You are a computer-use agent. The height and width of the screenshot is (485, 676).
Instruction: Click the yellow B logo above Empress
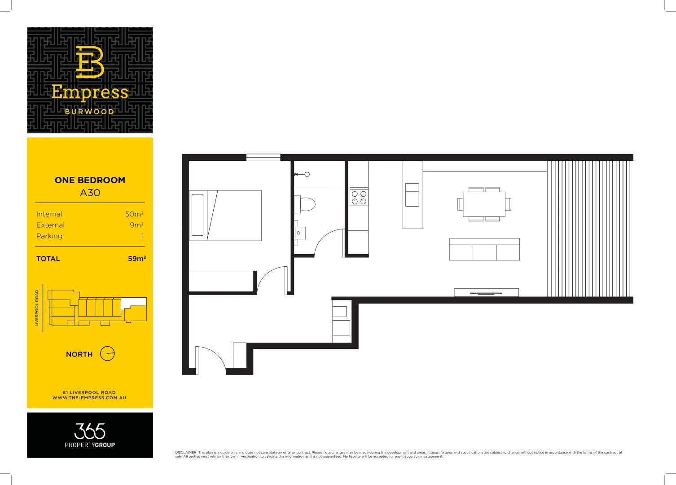pyautogui.click(x=90, y=62)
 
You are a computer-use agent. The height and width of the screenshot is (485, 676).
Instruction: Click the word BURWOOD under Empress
pyautogui.click(x=90, y=112)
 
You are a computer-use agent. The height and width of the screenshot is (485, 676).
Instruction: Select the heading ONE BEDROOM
pyautogui.click(x=90, y=180)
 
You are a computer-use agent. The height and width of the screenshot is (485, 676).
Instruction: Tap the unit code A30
pyautogui.click(x=90, y=193)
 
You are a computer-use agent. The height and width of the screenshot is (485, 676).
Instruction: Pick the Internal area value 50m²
pyautogui.click(x=134, y=214)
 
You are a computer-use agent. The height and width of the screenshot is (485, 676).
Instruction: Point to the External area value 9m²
pyautogui.click(x=136, y=225)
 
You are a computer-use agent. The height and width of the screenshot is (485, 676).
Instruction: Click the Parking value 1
pyautogui.click(x=143, y=236)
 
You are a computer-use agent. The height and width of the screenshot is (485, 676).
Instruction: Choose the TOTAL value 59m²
pyautogui.click(x=136, y=259)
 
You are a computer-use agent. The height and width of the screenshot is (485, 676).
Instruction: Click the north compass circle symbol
pyautogui.click(x=107, y=354)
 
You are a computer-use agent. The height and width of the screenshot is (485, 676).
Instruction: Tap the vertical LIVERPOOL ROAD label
pyautogui.click(x=37, y=308)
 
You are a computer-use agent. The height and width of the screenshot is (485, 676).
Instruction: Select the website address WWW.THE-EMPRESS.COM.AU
pyautogui.click(x=89, y=398)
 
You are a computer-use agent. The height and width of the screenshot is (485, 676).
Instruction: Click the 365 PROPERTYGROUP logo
pyautogui.click(x=90, y=435)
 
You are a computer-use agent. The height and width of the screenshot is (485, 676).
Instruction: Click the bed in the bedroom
pyautogui.click(x=225, y=216)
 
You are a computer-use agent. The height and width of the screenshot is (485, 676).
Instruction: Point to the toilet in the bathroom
pyautogui.click(x=306, y=204)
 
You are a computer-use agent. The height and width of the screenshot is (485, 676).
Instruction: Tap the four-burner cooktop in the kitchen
pyautogui.click(x=359, y=198)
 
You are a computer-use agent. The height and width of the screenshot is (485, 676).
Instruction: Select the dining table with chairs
pyautogui.click(x=484, y=204)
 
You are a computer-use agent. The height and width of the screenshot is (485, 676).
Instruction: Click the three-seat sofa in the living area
pyautogui.click(x=484, y=250)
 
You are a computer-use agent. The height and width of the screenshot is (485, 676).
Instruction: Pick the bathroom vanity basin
pyautogui.click(x=299, y=233)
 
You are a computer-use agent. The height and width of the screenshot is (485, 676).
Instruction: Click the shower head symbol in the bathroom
pyautogui.click(x=307, y=174)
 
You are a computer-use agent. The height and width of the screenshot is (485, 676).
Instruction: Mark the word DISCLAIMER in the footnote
pyautogui.click(x=186, y=453)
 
